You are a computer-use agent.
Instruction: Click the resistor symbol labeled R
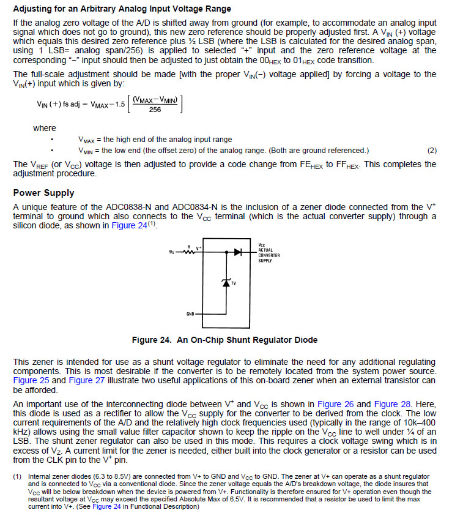pyautogui.click(x=189, y=252)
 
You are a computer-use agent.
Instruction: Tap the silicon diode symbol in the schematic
pyautogui.click(x=238, y=252)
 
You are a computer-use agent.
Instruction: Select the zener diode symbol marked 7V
pyautogui.click(x=227, y=283)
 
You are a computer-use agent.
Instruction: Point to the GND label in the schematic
pyautogui.click(x=190, y=314)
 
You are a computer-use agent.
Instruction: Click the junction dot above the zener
pyautogui.click(x=227, y=252)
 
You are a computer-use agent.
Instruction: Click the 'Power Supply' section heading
pyautogui.click(x=43, y=193)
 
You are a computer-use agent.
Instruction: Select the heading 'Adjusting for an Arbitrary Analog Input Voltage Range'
pyautogui.click(x=122, y=9)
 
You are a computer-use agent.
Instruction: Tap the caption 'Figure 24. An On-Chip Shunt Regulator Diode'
pyautogui.click(x=224, y=340)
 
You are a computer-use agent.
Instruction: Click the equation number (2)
pyautogui.click(x=432, y=150)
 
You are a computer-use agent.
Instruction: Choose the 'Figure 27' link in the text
pyautogui.click(x=87, y=380)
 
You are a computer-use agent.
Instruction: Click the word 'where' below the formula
pyautogui.click(x=44, y=128)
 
